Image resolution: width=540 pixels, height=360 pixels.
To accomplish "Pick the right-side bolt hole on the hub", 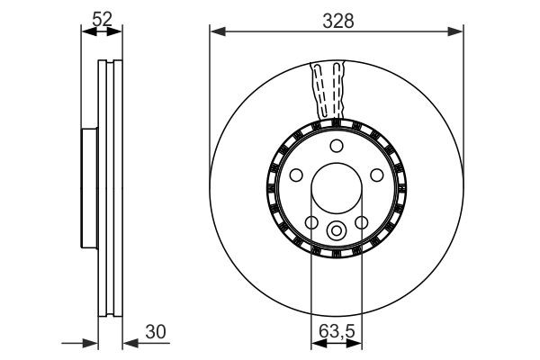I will [377, 175].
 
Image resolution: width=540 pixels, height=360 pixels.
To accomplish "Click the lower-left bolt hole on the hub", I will [310, 223].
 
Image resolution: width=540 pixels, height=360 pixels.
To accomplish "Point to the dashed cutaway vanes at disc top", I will [328, 90].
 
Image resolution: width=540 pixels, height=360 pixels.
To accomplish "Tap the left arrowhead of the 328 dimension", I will [215, 34].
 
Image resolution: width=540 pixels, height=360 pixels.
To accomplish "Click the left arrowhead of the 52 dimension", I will [86, 34].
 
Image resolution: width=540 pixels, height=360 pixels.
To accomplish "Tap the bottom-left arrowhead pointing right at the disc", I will [91, 343].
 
